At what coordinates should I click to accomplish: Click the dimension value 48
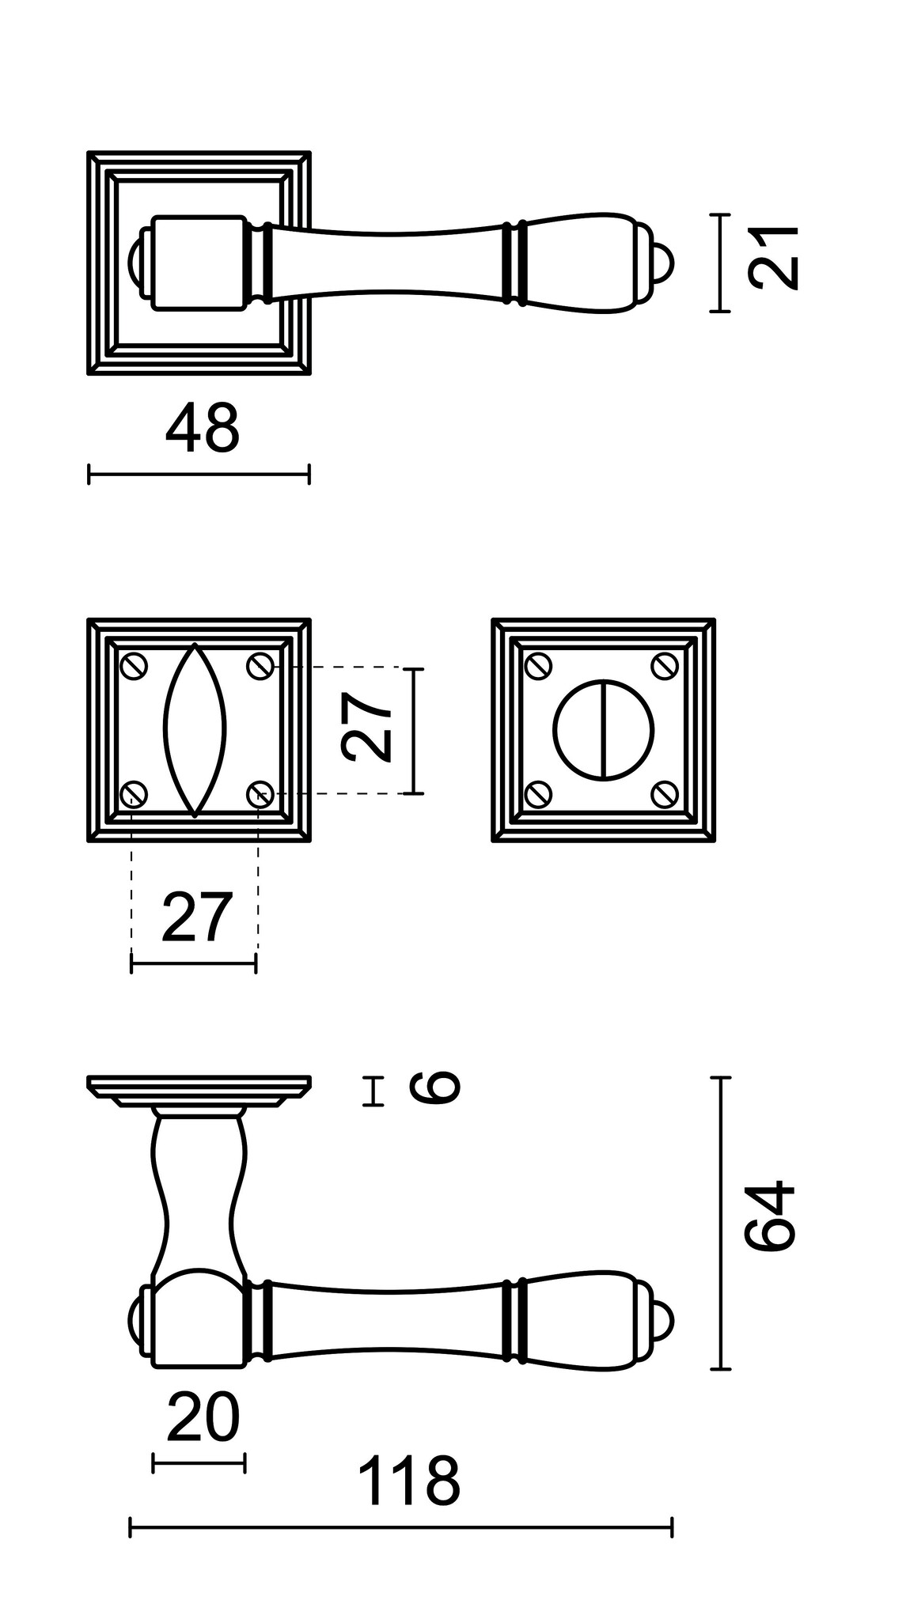202,429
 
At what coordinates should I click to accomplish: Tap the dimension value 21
773,258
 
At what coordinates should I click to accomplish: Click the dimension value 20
203,1418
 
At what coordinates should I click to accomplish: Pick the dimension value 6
434,1088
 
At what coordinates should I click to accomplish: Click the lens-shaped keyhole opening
195,729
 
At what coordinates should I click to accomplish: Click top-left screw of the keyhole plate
134,666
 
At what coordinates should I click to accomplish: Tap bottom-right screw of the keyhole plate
260,792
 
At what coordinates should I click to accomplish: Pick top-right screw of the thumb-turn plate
665,666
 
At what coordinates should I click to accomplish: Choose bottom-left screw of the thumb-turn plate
539,792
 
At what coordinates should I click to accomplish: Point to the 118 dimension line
400,1527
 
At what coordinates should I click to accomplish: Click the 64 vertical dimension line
720,1223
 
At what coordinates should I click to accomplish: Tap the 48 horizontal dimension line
199,475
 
